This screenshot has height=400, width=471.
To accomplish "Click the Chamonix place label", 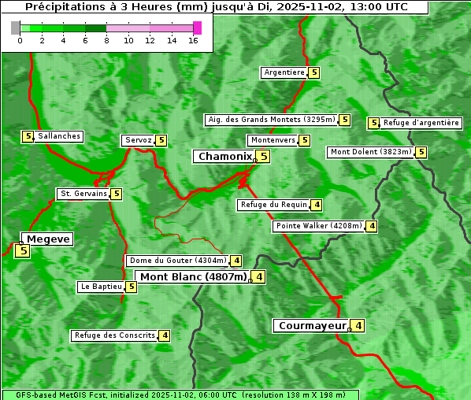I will pos(224,157).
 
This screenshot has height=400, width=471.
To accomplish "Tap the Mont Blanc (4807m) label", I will pos(193,276).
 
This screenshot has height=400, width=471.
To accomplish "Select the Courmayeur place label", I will pos(312,325).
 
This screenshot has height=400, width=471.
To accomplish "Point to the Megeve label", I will pos(48,239).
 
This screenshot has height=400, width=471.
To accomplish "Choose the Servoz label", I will pos(138,140).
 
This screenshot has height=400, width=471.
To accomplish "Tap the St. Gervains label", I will pos(83,194).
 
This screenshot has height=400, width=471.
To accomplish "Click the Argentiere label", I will pos(284,72).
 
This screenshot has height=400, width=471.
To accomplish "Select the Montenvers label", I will pos(273,140).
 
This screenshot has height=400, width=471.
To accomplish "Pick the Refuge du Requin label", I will pos(273,205).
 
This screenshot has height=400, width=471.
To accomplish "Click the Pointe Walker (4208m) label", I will pos(319,226).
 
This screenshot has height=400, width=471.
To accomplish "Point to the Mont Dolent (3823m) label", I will pos(371,152).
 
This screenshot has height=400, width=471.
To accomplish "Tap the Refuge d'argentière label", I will pos(421,123).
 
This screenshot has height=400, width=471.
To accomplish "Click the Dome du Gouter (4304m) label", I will pos(177,261).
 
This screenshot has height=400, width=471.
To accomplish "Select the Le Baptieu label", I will pos(101,287).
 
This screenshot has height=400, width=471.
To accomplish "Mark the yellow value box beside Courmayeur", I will pos(358,325).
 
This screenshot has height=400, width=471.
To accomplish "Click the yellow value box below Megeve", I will pos(22,251).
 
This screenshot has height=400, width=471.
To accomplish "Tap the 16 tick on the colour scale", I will pos(193,41).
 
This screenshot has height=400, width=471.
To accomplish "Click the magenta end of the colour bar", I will pos(197,28).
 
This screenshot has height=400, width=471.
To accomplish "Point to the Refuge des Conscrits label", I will pos(114,335).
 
